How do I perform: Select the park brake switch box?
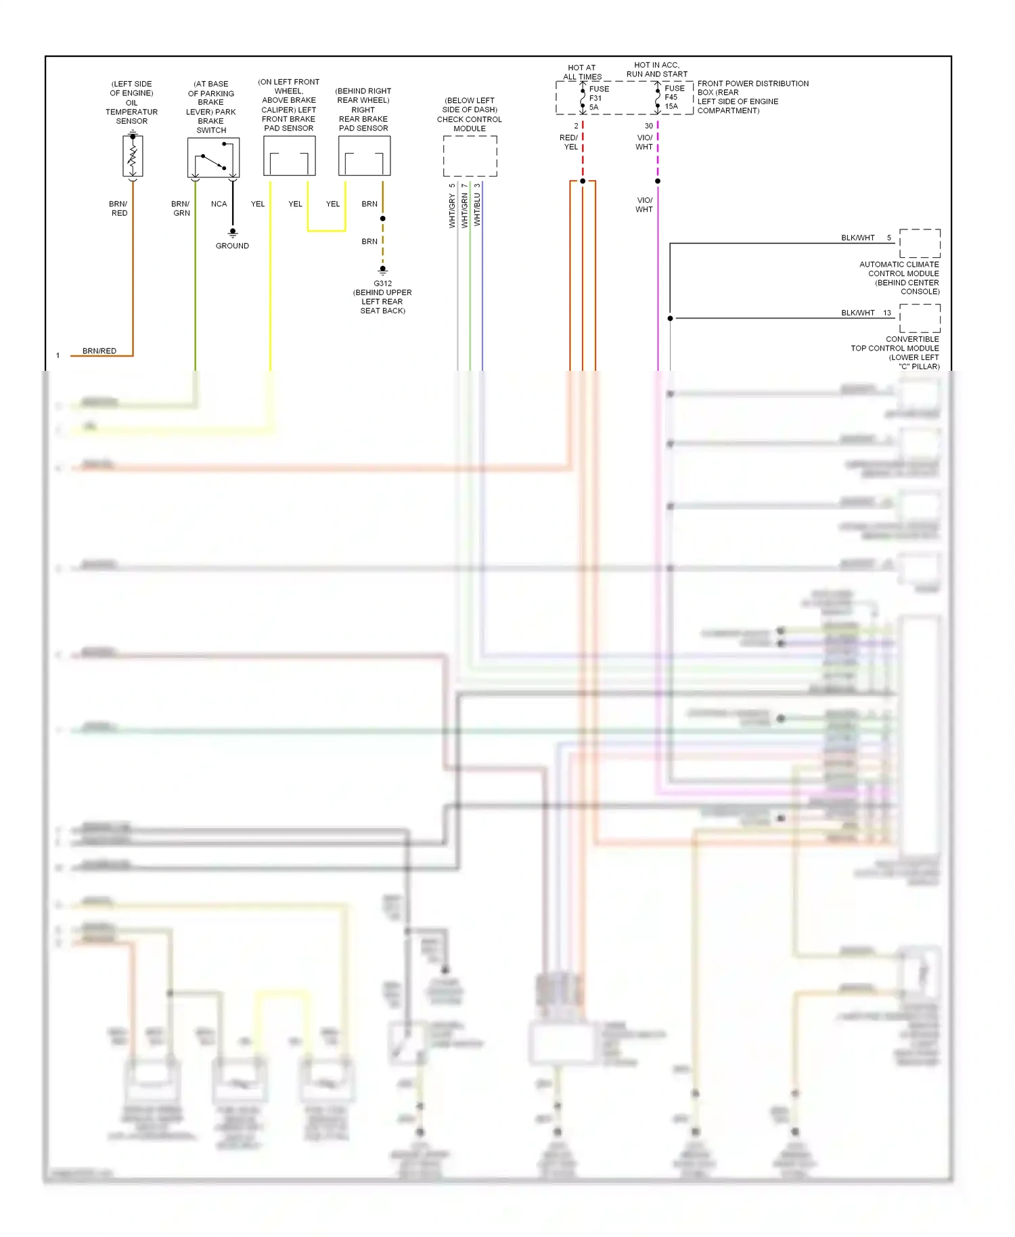tap(213, 158)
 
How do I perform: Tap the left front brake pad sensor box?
tap(289, 156)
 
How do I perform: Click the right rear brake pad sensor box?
tap(364, 156)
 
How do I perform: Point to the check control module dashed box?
tap(470, 156)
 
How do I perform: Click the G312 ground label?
tap(382, 284)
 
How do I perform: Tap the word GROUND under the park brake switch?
tap(232, 246)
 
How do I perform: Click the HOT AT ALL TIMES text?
tap(582, 72)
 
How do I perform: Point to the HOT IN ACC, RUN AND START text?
tap(656, 70)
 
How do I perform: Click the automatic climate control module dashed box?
tap(920, 244)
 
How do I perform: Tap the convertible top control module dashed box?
tap(920, 318)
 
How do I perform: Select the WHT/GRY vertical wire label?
tap(452, 210)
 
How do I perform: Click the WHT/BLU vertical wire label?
tap(477, 210)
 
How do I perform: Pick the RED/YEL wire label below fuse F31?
tap(570, 142)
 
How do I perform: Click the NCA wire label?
tap(219, 204)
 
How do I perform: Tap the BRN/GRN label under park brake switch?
tap(181, 208)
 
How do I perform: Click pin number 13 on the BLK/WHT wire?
tap(887, 313)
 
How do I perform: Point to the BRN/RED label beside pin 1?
tap(99, 351)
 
